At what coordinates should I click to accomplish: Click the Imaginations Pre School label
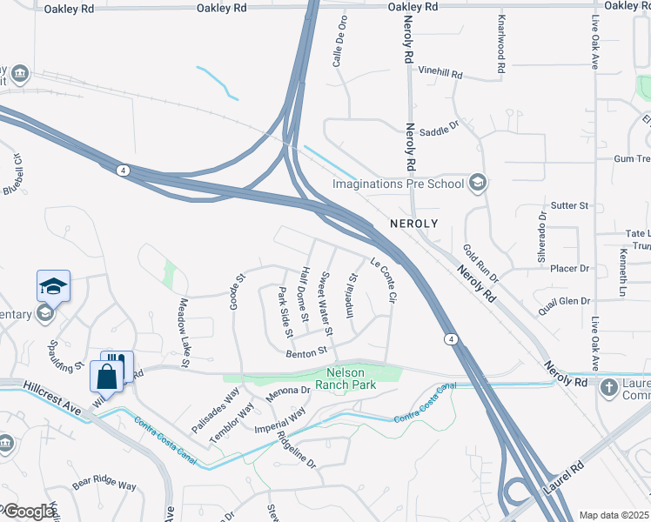(x=399, y=184)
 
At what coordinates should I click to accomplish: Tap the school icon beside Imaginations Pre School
(x=477, y=183)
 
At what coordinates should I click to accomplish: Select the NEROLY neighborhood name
(x=407, y=223)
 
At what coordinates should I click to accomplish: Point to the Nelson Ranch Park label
(x=346, y=379)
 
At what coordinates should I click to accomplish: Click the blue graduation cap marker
(x=53, y=286)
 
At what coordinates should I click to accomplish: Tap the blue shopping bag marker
(x=107, y=378)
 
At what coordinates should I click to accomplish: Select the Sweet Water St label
(x=326, y=304)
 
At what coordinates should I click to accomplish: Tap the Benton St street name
(x=305, y=351)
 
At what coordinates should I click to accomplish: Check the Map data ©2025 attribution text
(x=614, y=515)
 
